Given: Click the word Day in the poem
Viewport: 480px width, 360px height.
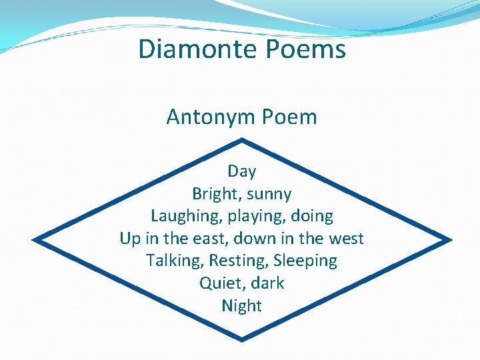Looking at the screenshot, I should click(x=241, y=171).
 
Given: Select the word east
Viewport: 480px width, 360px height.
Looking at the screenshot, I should click(x=213, y=238).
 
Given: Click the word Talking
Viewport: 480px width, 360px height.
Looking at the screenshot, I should click(x=175, y=260).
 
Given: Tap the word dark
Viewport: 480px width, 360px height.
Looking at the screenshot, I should click(x=268, y=283).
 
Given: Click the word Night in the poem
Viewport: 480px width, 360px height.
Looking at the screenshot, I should click(x=241, y=305).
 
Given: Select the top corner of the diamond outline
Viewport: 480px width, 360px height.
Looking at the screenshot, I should click(x=241, y=140).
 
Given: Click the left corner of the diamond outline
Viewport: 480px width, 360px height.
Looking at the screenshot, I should click(x=35, y=239).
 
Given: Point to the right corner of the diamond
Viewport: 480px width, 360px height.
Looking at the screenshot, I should click(x=450, y=239).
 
